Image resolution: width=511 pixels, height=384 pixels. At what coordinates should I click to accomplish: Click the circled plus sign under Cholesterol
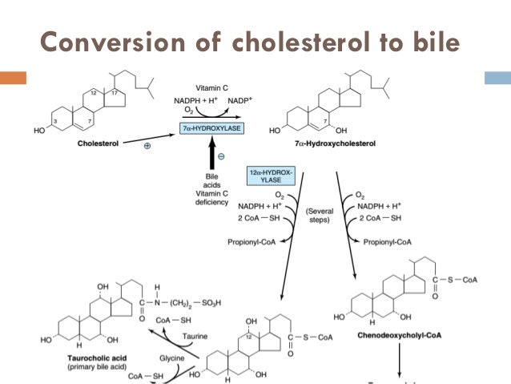tap(147, 148)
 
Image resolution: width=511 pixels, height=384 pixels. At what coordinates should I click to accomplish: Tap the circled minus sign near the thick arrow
tap(220, 156)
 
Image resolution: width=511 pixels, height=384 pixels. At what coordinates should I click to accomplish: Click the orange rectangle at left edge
tap(14, 78)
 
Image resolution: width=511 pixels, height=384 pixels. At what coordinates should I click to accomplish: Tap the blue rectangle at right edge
tap(498, 78)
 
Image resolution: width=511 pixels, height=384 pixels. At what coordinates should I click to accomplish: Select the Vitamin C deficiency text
tap(211, 192)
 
